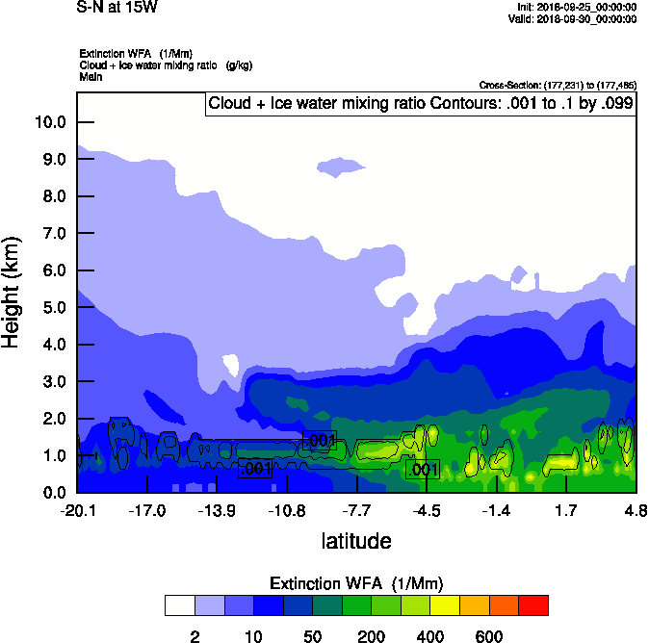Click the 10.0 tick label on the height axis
49,122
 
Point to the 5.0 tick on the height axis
53,307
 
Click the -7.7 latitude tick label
356,510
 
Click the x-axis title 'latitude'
356,541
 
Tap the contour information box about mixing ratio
420,104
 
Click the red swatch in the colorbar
533,605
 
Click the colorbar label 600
488,636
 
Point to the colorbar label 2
195,636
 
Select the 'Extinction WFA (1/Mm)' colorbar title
356,583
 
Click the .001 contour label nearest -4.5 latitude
423,470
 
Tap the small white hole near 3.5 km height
230,365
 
